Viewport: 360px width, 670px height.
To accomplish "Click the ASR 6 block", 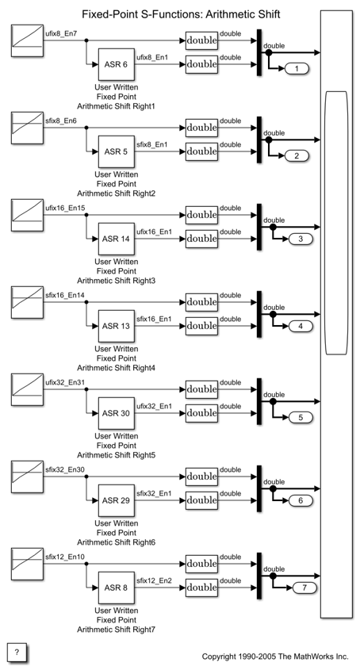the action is pos(117,64).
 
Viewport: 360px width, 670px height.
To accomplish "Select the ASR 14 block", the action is pos(117,239).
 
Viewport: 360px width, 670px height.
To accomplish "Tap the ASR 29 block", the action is pos(117,500).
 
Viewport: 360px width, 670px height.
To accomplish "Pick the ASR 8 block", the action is pos(117,588).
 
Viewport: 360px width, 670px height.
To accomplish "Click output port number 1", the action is pos(297,68).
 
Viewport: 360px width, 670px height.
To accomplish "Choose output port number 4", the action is pos(301,327).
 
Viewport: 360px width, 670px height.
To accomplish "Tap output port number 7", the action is pos(304,588).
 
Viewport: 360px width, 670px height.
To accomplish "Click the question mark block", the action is pos(17,652).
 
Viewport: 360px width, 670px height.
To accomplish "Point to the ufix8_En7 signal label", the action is pos(61,33).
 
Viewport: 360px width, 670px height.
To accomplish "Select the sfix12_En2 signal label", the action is pos(155,580).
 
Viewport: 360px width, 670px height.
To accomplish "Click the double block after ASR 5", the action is pos(201,151).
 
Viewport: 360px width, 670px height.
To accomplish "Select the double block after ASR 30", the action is pos(201,413).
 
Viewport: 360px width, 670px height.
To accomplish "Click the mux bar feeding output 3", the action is pos(259,227).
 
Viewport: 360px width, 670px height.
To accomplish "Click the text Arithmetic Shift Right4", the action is pos(117,368).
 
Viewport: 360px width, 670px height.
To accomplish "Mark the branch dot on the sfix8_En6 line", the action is pos(86,128).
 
